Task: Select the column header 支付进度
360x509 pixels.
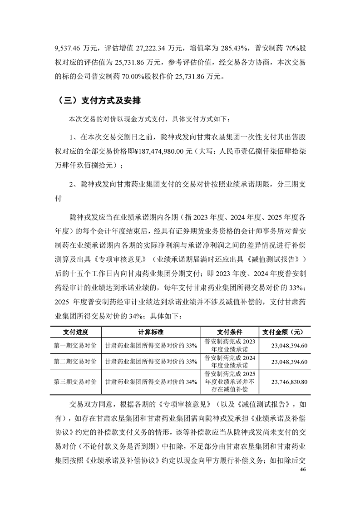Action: click(x=75, y=332)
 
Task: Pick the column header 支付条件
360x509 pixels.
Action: click(x=230, y=332)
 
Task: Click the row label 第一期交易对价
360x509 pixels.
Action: click(x=75, y=346)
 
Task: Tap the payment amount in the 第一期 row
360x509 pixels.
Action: click(x=289, y=346)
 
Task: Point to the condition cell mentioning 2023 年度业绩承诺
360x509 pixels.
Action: click(x=230, y=346)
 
